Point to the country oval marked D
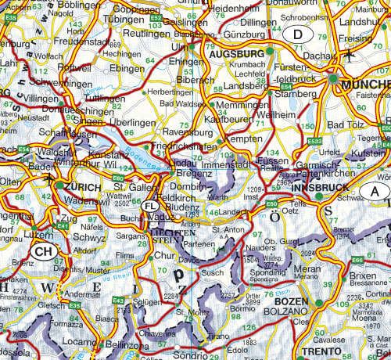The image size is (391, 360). pos(297,34)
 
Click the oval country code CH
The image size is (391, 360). pos(44,250)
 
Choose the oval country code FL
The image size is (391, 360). pos(152,205)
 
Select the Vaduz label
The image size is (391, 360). pos(161,214)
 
